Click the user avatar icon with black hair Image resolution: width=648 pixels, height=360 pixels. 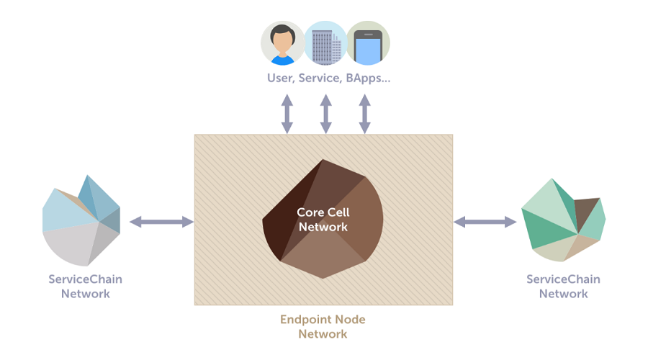[x=283, y=43]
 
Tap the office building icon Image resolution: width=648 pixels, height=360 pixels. [x=325, y=43]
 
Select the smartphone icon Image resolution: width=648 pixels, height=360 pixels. [x=368, y=43]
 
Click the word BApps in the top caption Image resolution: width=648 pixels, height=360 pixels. [x=368, y=78]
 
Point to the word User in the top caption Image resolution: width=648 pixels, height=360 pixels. [x=281, y=78]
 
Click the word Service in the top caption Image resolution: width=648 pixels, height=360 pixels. [x=320, y=78]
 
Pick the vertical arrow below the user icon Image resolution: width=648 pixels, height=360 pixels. [x=287, y=114]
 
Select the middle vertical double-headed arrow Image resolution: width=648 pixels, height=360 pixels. [x=326, y=114]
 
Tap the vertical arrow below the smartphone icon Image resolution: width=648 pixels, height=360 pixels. [x=364, y=114]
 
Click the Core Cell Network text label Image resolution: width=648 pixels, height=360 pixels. [x=323, y=220]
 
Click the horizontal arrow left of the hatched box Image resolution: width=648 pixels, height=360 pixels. [x=161, y=222]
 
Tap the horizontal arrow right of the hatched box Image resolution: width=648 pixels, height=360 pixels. [x=485, y=222]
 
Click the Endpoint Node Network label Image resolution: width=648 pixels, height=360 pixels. [x=323, y=327]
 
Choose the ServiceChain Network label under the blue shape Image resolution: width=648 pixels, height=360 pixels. [x=86, y=287]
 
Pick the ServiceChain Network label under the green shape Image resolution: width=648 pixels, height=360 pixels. [x=563, y=287]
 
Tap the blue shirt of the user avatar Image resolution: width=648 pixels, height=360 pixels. [x=283, y=60]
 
